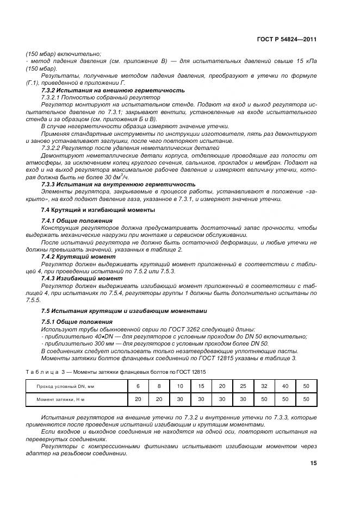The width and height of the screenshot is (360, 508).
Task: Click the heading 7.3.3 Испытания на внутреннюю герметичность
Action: click(x=118, y=184)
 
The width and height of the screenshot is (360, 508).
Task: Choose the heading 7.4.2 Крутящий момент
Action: click(x=78, y=256)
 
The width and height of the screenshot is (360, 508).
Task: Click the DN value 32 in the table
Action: click(x=264, y=386)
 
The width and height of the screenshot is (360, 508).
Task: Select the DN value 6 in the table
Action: click(x=138, y=386)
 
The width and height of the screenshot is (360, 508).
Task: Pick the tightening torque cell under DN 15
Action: click(x=201, y=399)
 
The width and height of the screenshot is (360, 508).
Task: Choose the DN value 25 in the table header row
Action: click(x=243, y=386)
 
